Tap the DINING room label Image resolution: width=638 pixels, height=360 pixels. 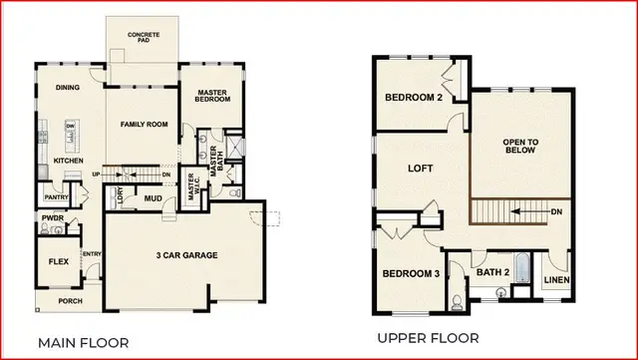pos(68,87)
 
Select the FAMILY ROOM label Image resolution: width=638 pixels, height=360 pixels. pos(143,125)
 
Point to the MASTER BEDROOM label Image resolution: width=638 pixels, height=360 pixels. pos(213,96)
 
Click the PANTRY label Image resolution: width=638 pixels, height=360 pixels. pos(55,198)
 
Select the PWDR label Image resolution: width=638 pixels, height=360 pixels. pos(53,216)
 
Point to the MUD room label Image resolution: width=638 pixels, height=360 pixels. pos(153,198)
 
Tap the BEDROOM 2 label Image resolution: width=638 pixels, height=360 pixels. pos(414,97)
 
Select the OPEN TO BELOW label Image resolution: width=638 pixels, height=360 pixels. pos(520,147)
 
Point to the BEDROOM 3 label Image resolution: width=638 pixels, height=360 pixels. pos(409,273)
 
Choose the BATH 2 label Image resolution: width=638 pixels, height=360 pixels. pos(492,269)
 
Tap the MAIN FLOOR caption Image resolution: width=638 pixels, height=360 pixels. pos(83,342)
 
